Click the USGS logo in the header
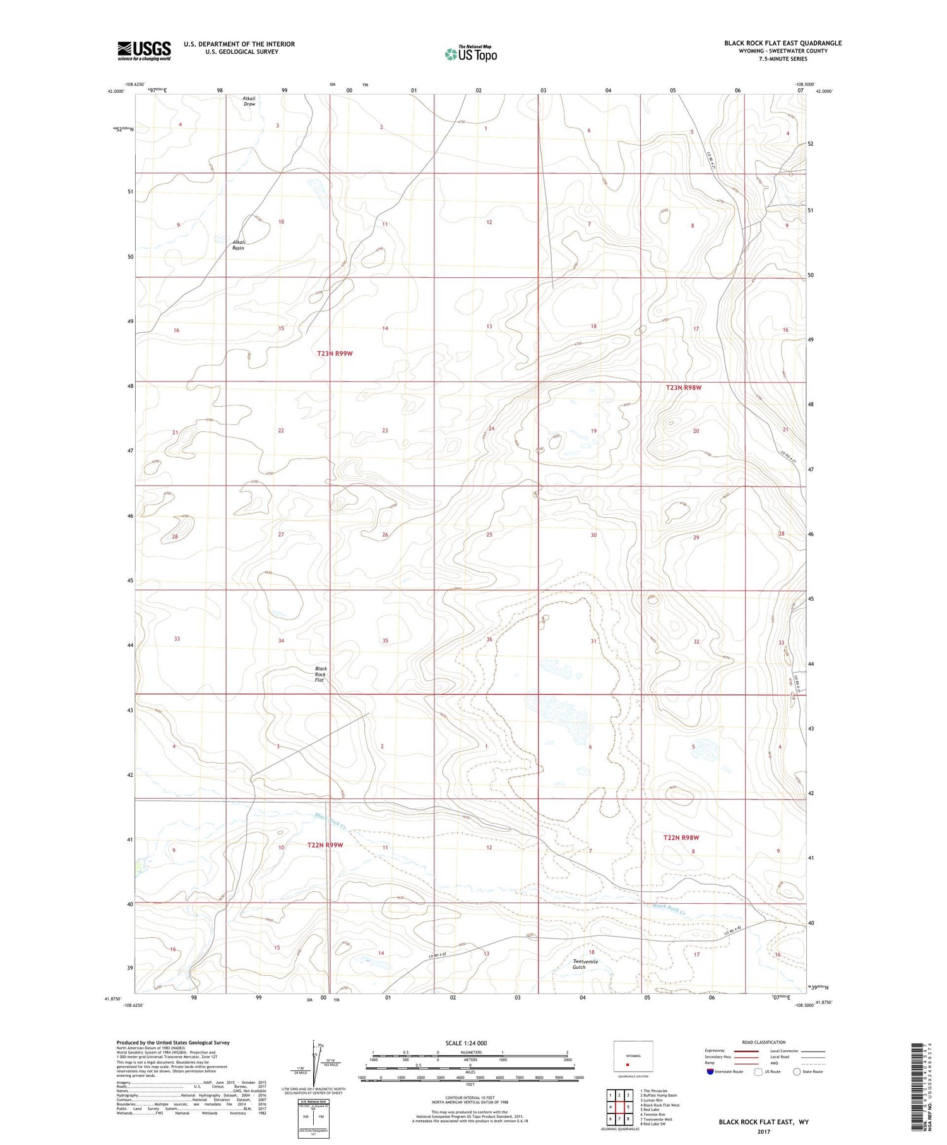tap(144, 51)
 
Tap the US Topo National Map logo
tap(471, 54)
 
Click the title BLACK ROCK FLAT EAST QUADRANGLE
tap(783, 43)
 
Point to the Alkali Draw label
tap(249, 101)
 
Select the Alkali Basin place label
tap(238, 245)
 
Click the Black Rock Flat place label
tap(320, 674)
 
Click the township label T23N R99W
tap(335, 354)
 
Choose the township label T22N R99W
tap(325, 845)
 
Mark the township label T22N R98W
tap(681, 837)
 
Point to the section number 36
tap(489, 640)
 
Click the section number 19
tap(593, 431)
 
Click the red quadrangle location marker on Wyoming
tap(628, 1064)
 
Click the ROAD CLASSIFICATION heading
tap(764, 1043)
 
